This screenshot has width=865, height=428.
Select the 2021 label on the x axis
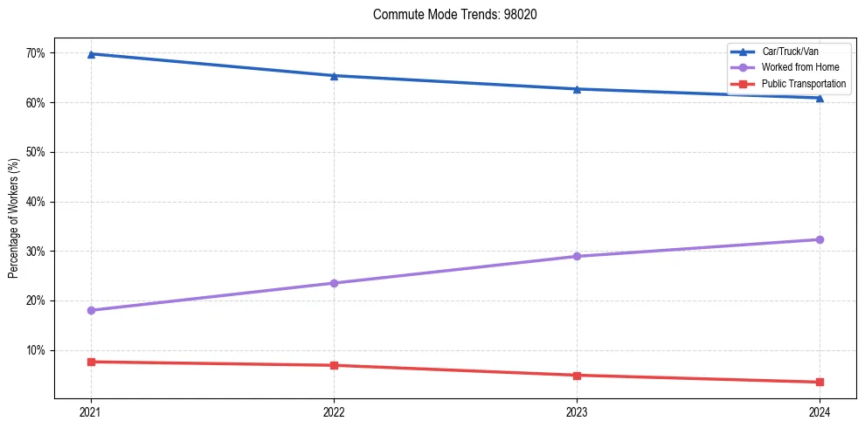coord(91,412)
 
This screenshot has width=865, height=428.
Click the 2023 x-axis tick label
coord(577,412)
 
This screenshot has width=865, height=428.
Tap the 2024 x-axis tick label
coord(820,412)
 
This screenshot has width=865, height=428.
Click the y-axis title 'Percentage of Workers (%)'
coord(14,218)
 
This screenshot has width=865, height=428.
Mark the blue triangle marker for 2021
coord(91,54)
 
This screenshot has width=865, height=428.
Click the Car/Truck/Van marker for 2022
coord(334,76)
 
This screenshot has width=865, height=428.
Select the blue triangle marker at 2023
coord(577,89)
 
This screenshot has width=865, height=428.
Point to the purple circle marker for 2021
coord(91,310)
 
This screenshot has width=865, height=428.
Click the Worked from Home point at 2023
coord(577,256)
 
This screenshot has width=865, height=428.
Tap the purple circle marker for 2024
coord(820,239)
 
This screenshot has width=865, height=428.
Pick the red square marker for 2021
coord(91,362)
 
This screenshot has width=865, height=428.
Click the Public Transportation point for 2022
coord(334,365)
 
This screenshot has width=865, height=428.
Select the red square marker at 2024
coord(820,382)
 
